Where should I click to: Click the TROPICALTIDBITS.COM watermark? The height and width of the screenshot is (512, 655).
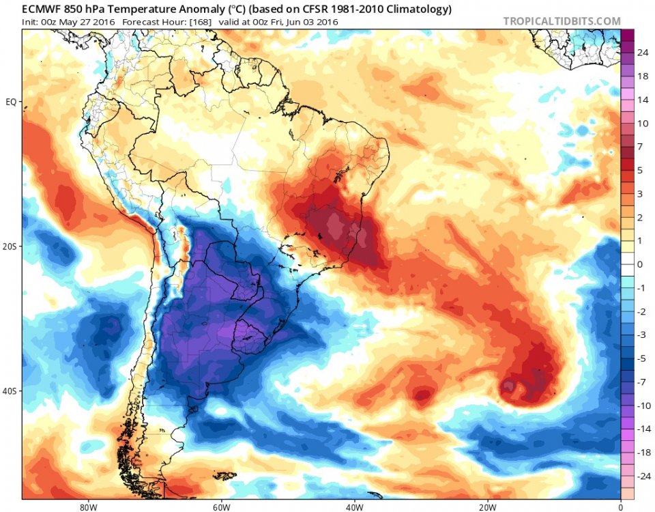[x=562, y=21]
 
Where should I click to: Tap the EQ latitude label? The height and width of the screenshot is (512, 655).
[x=10, y=102]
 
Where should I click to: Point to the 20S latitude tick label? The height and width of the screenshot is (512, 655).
[x=10, y=246]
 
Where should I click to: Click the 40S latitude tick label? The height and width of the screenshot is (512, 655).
[x=10, y=391]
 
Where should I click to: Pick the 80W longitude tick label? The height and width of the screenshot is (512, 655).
[x=86, y=507]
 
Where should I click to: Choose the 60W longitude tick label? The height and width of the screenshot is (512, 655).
[x=220, y=507]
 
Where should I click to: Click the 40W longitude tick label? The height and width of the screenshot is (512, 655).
[x=353, y=507]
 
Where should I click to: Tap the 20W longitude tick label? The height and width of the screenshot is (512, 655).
[x=486, y=507]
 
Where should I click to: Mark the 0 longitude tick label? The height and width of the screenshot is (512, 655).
[x=620, y=507]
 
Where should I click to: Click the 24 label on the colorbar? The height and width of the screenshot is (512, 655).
[x=643, y=53]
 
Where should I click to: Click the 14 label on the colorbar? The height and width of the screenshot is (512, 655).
[x=643, y=100]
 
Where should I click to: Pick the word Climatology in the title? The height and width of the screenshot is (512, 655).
[x=417, y=10]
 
